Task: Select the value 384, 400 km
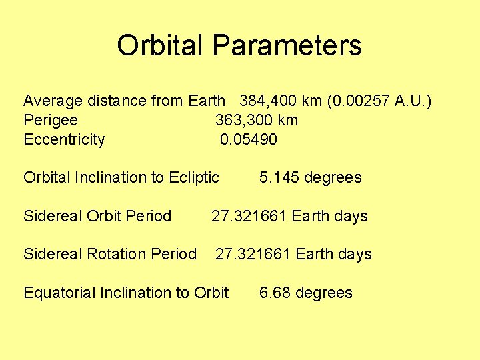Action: pos(281,101)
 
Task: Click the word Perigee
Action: pos(50,121)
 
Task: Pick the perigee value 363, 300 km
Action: pos(256,121)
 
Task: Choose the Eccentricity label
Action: pos(64,139)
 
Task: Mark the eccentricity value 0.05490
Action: pos(249,139)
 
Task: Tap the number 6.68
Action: pos(274,293)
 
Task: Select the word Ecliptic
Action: pos(194,177)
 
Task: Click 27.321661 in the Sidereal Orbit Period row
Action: pos(249,216)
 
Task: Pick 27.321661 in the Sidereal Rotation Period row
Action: pos(253,254)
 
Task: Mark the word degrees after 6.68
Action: pos(323,293)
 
